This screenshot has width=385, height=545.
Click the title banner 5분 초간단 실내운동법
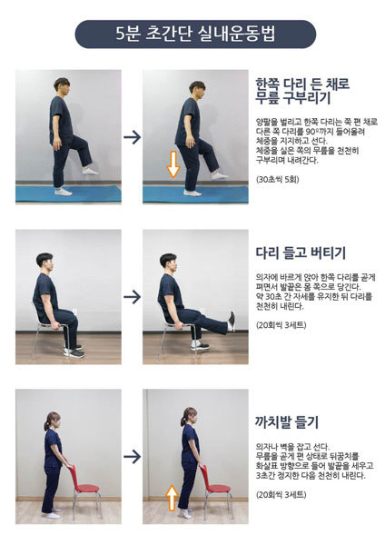(x=195, y=35)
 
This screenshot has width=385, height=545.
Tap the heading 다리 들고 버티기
(x=301, y=253)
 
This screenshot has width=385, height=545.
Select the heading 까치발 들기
(x=287, y=422)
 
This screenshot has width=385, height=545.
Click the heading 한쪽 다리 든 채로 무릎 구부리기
(x=302, y=91)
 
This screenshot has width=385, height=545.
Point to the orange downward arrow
(x=173, y=164)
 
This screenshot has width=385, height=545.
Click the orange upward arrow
(x=172, y=498)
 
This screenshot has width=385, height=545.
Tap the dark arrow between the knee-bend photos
(x=132, y=137)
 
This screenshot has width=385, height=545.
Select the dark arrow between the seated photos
(x=132, y=296)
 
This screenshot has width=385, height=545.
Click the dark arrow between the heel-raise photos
(x=132, y=456)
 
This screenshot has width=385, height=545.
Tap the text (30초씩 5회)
(x=277, y=179)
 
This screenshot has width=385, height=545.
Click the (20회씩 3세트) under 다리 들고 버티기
(x=281, y=325)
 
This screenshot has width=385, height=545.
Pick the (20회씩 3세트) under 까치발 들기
(x=281, y=494)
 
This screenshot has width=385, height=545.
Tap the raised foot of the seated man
(x=232, y=322)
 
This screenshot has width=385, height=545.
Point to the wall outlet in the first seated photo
(x=74, y=312)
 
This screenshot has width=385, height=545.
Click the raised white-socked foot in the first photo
(x=90, y=171)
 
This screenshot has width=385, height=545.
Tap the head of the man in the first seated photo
(x=45, y=263)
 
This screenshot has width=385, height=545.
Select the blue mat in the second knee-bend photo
(x=195, y=194)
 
